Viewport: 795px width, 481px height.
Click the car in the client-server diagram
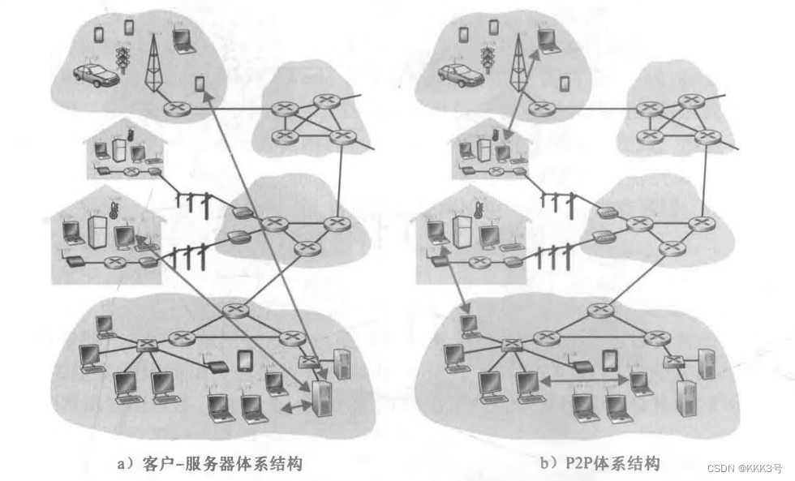coord(96,75)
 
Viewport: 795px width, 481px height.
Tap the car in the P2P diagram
coord(461,75)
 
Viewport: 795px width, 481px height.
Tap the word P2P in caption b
coord(572,464)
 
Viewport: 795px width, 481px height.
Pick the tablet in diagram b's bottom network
coord(610,360)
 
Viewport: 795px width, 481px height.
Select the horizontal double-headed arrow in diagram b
coord(583,378)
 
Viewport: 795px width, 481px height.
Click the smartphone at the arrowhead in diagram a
coord(200,84)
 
